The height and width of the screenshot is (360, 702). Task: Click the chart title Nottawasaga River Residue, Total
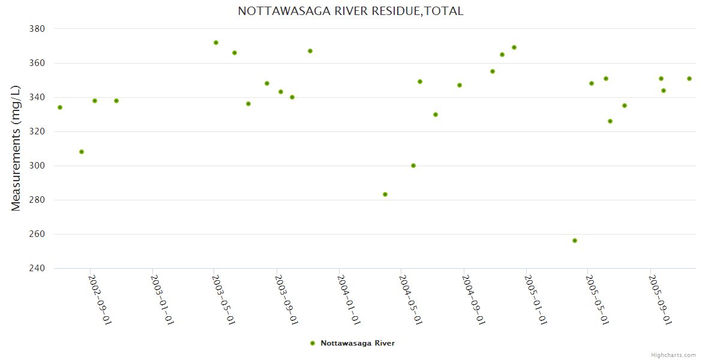(350, 11)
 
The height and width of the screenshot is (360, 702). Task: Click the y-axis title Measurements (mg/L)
(16, 148)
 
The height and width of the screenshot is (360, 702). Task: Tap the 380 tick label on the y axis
(37, 29)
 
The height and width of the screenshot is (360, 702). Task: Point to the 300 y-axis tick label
(37, 166)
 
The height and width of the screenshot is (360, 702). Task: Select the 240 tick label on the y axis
(37, 268)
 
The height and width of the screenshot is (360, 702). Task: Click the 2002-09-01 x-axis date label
(100, 299)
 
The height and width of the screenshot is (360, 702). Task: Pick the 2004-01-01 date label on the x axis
(349, 299)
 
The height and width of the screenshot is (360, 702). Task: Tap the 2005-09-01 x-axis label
(660, 299)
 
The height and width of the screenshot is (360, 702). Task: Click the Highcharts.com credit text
(673, 355)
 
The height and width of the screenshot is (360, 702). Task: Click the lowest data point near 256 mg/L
(575, 241)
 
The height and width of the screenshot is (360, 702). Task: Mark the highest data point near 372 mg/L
(216, 43)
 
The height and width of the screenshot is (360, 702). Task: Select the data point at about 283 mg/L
(385, 194)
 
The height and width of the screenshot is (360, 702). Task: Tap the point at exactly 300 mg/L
(413, 166)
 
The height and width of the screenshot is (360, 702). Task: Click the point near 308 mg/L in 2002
(82, 152)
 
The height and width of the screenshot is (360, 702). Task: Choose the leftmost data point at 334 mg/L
(60, 107)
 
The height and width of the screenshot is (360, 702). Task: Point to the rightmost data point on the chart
(689, 79)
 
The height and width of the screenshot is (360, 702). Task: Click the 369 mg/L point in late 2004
(514, 47)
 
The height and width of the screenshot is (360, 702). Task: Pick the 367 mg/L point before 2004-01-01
(310, 51)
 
